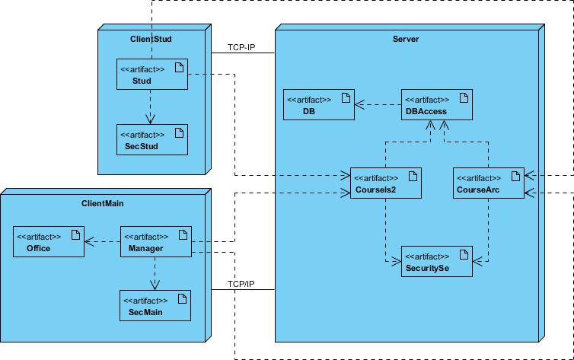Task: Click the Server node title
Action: (406, 39)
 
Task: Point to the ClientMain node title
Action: (103, 203)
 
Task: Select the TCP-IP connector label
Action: (241, 47)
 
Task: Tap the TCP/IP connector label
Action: (241, 284)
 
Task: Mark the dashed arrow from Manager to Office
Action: (103, 242)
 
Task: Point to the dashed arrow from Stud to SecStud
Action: (151, 107)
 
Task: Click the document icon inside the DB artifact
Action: (345, 97)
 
